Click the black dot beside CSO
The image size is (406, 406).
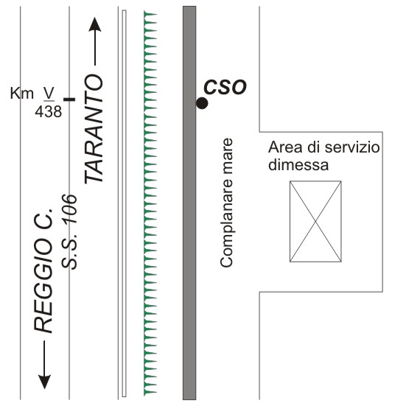pyautogui.click(x=202, y=103)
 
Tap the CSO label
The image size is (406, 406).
pyautogui.click(x=225, y=87)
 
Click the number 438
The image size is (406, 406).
pyautogui.click(x=49, y=112)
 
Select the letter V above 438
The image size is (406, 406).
pyautogui.click(x=49, y=93)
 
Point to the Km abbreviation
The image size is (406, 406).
pyautogui.click(x=22, y=94)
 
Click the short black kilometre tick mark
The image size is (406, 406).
pyautogui.click(x=69, y=99)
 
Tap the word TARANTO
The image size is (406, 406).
pyautogui.click(x=94, y=129)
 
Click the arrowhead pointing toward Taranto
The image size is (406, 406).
pyautogui.click(x=95, y=24)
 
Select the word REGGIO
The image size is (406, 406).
pyautogui.click(x=43, y=283)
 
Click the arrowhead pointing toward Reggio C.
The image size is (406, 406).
pyautogui.click(x=44, y=382)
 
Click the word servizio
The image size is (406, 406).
pyautogui.click(x=352, y=147)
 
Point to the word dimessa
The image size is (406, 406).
pyautogui.click(x=298, y=164)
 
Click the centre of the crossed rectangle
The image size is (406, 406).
pyautogui.click(x=315, y=221)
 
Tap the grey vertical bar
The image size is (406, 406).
pyautogui.click(x=189, y=203)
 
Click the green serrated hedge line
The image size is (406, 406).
pyautogui.click(x=150, y=203)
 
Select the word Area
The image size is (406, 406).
pyautogui.click(x=285, y=147)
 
